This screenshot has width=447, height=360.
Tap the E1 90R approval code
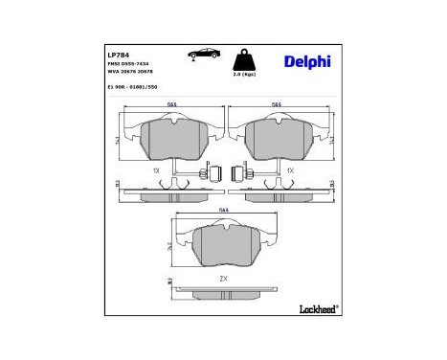(132, 85)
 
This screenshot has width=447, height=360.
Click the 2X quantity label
(223, 278)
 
